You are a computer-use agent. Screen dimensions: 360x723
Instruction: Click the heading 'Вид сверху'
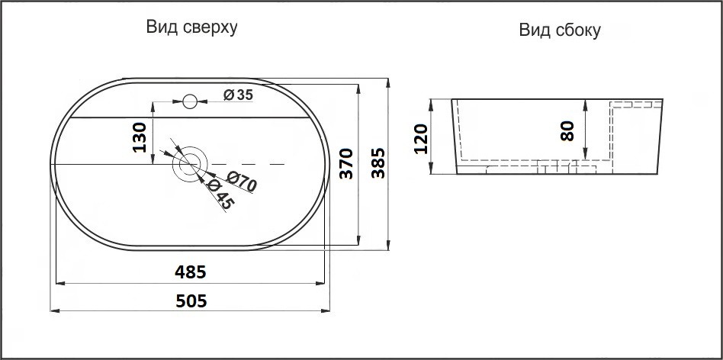(x=192, y=27)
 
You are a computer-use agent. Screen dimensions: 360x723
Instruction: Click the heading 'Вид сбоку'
(x=561, y=31)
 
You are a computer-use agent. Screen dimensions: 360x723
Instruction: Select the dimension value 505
(x=191, y=301)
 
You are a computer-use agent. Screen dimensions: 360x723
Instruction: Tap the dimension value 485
(x=191, y=272)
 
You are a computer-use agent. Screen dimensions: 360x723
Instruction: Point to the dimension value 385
(x=377, y=162)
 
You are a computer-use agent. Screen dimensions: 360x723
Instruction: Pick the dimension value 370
(x=345, y=163)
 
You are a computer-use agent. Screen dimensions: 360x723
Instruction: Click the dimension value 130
(x=140, y=137)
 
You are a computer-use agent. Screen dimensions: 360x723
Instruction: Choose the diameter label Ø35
(x=238, y=95)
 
